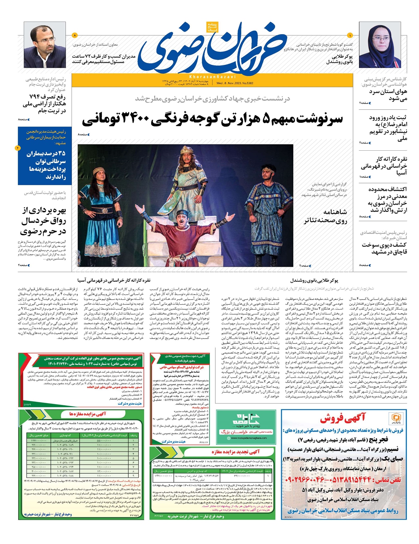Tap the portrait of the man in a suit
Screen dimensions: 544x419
tap(45, 45)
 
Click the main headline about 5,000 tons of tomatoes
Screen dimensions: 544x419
tap(212, 120)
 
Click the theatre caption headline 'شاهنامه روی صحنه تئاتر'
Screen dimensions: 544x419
tap(325, 216)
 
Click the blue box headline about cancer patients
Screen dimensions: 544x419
tap(46, 165)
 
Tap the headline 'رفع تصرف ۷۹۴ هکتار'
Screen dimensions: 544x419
tap(44, 104)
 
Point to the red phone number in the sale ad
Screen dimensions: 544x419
tap(344, 480)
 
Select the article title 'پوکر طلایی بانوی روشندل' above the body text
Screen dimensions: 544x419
tap(314, 280)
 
